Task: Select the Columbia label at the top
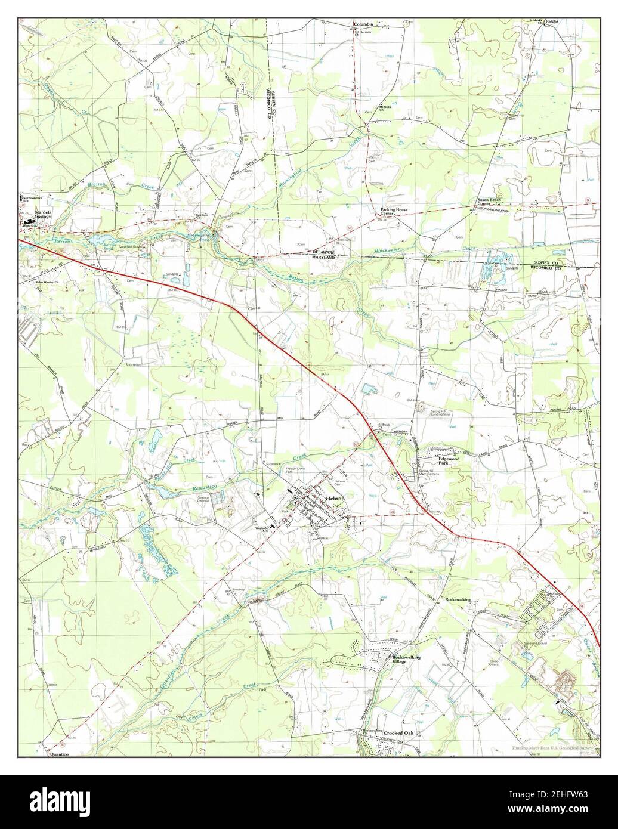click(x=363, y=24)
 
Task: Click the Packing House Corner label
click(x=394, y=212)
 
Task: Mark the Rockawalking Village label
click(x=406, y=659)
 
